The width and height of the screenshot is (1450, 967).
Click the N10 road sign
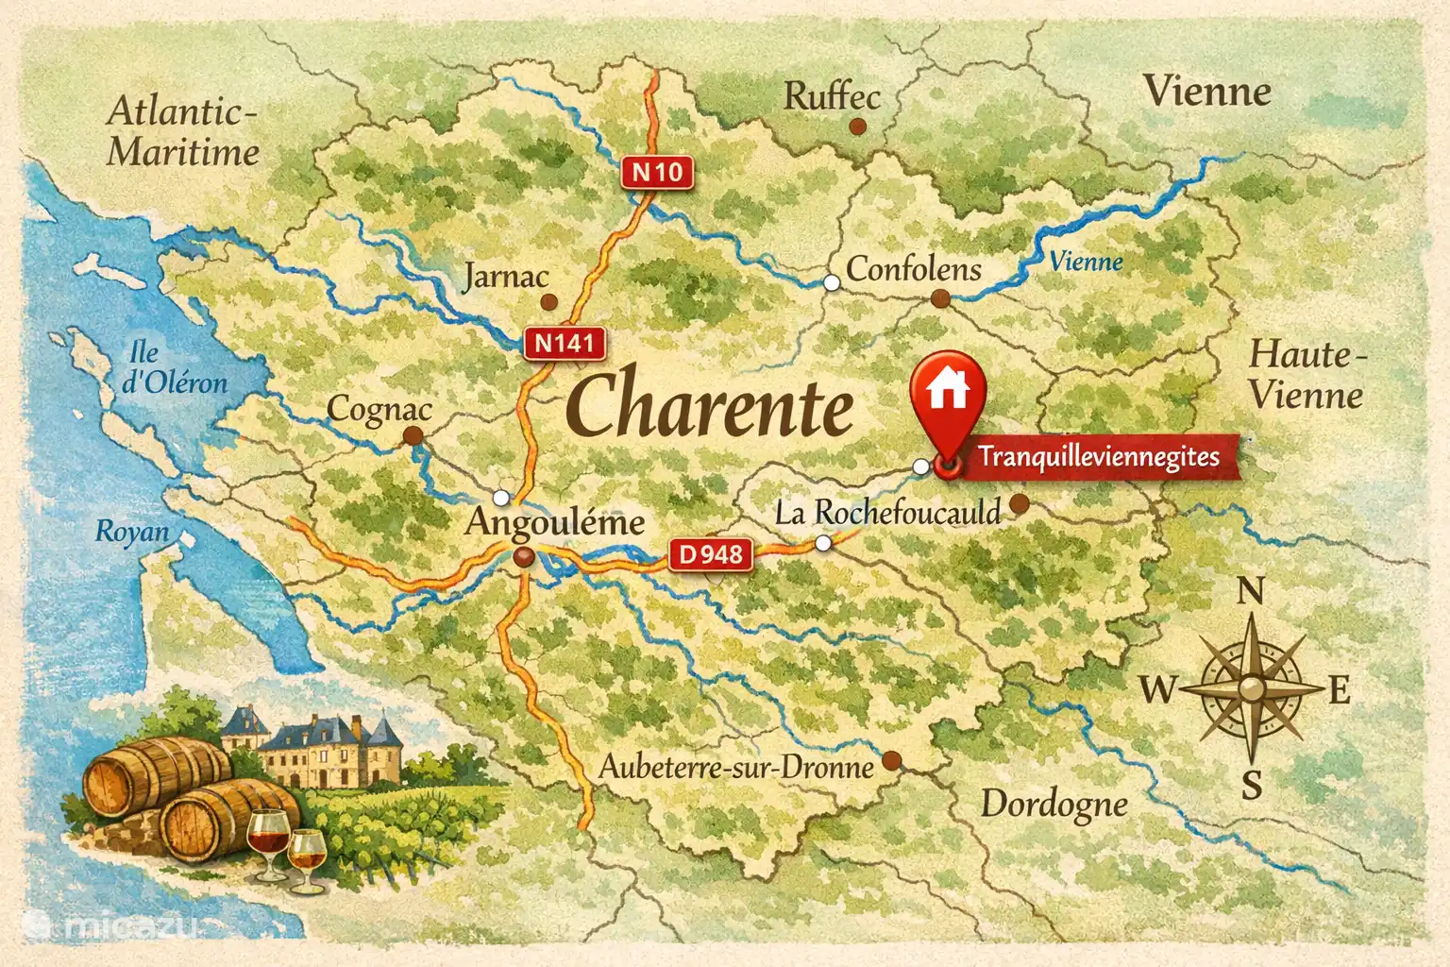656,172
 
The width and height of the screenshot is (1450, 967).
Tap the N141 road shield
564,343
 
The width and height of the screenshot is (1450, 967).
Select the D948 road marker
711,554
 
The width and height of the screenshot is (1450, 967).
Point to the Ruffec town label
831,96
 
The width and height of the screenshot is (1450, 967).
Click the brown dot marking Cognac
413,435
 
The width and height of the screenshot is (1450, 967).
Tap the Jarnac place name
506,276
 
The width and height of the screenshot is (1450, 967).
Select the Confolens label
913,269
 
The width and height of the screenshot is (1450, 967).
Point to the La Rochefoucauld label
886,513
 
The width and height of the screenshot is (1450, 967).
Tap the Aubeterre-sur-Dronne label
736,767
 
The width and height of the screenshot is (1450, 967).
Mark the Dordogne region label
1054,805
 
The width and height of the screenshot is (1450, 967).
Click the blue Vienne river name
1086,261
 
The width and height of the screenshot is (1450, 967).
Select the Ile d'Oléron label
175,367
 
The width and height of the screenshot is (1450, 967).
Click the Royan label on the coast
132,532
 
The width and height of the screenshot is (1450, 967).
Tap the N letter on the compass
1250,592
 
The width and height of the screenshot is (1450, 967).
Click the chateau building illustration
321,750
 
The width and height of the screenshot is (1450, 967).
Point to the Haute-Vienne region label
1307,375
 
